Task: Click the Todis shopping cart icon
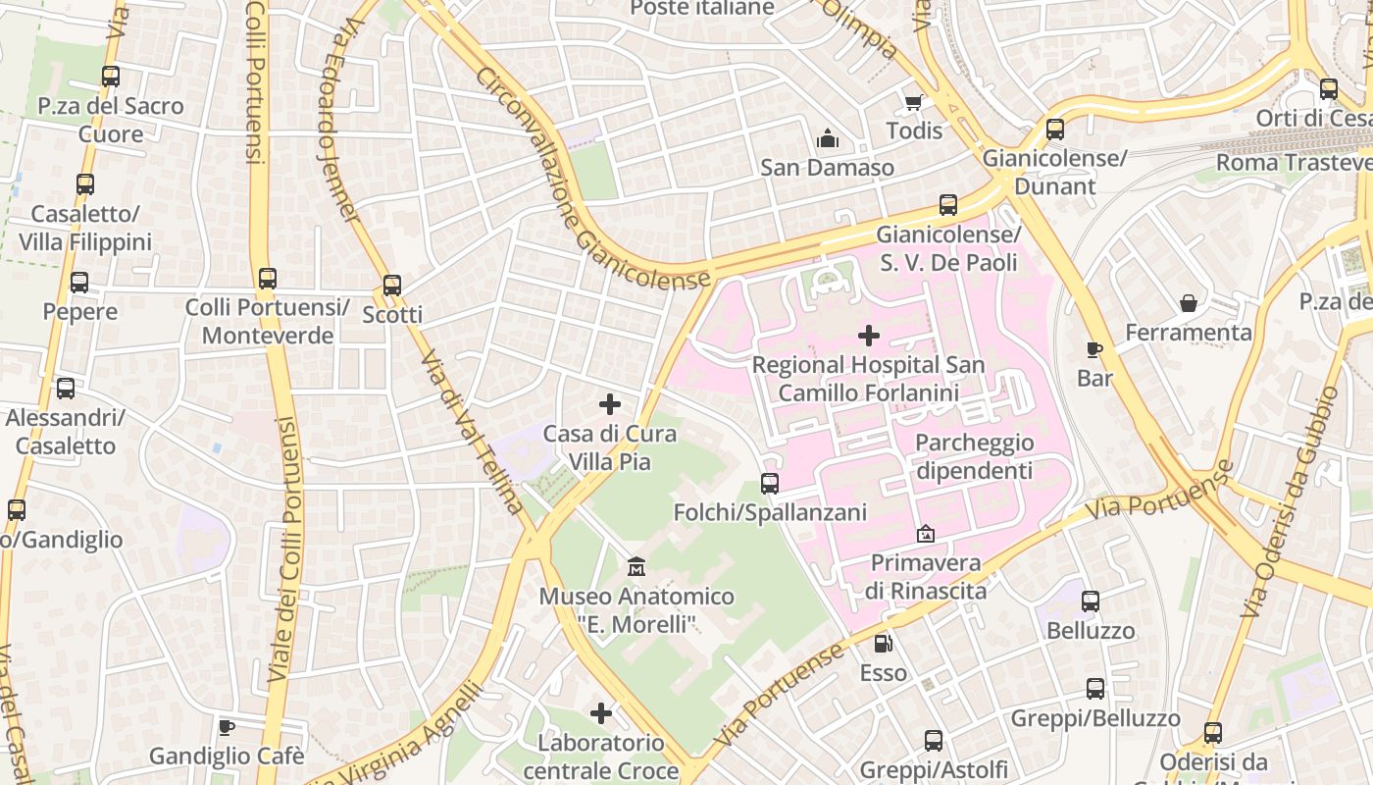(913, 103)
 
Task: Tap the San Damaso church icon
(827, 138)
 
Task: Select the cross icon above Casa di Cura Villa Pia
(610, 404)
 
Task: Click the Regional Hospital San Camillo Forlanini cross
(868, 337)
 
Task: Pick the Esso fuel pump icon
(884, 644)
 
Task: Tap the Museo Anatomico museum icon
(636, 567)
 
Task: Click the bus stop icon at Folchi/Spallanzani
(770, 484)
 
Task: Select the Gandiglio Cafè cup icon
(227, 728)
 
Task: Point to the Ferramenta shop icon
(1189, 303)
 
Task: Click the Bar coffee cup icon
(1094, 349)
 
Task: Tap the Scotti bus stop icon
(392, 286)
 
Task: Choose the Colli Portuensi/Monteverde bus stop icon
(268, 279)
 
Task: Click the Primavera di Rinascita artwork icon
(925, 535)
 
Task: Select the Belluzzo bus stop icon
(1091, 602)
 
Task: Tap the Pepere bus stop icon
(79, 283)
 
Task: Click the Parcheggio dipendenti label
(974, 456)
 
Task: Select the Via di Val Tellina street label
(472, 432)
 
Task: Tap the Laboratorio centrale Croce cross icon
(601, 713)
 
